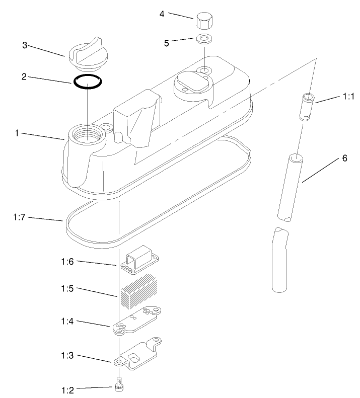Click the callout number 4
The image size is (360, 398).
point(162,14)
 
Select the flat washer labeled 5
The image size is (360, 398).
point(204,38)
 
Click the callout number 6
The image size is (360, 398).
point(344,158)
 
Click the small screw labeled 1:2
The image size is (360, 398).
point(119,384)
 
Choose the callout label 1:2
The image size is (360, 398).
point(68,389)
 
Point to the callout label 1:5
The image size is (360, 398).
point(68,289)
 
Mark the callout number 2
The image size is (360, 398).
point(24,77)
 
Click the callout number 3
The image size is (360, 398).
point(24,45)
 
